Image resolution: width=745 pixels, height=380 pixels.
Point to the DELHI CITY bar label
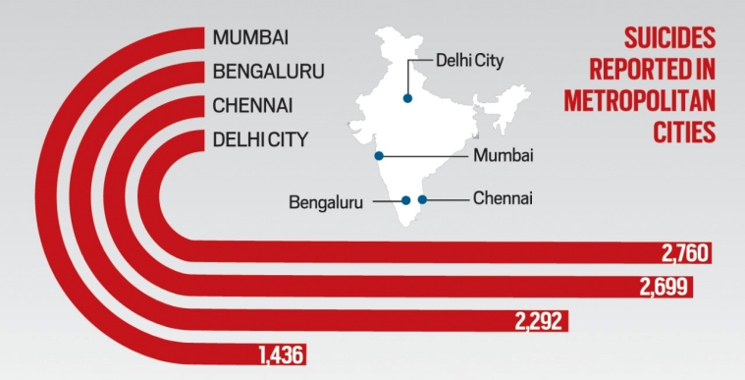click(x=260, y=137)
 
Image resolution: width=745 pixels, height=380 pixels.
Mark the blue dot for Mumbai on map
click(x=378, y=155)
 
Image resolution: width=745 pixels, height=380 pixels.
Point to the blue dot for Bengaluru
click(x=405, y=200)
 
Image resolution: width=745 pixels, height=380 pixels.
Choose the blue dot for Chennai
click(x=422, y=200)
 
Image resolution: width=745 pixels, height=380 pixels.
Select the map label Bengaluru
click(x=326, y=203)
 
